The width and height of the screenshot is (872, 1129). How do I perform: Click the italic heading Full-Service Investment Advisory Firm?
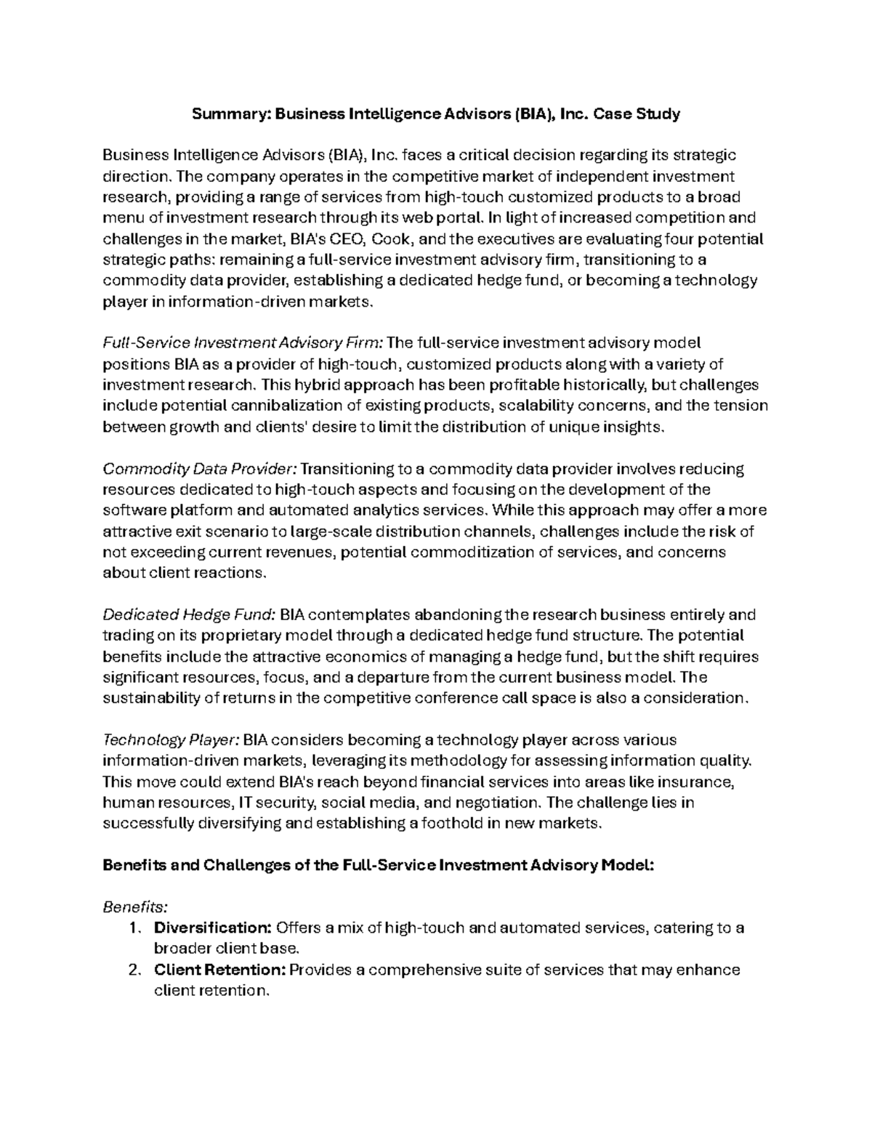point(246,343)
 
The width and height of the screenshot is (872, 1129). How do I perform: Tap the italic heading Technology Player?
point(171,740)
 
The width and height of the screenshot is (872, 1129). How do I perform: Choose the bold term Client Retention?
point(219,970)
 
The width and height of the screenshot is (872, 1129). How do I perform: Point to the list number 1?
point(132,928)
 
